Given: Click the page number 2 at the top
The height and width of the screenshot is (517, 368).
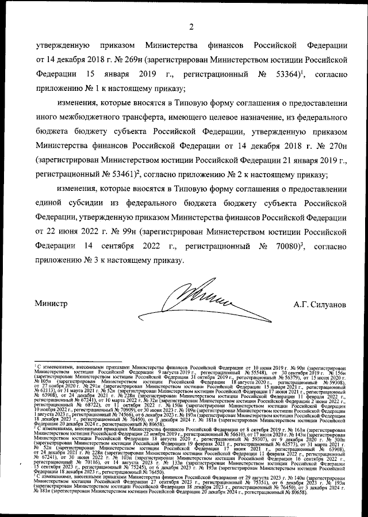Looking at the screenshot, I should pos(191,25).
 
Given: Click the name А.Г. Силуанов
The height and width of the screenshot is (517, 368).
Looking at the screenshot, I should pos(320,304).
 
